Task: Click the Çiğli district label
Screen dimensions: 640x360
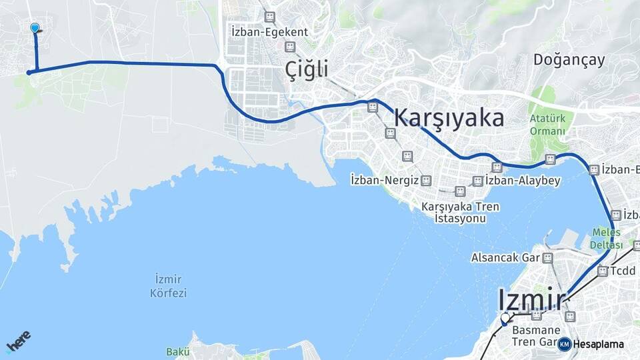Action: coord(307,68)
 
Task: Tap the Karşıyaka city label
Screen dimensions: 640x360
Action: coord(449,117)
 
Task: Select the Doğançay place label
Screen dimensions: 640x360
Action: coord(569,60)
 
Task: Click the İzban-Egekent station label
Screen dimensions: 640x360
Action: coord(269,31)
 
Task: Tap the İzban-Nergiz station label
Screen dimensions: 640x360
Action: coord(383,180)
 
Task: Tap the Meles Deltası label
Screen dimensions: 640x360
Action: coord(606,239)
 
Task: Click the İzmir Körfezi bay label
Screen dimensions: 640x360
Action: coord(168,285)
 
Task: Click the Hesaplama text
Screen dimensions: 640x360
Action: coord(598,345)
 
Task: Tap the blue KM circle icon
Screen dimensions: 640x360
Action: coord(565,344)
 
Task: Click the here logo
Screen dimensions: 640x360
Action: coord(18,341)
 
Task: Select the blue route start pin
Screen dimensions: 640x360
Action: coord(35,28)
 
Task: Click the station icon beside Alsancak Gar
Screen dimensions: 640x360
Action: coord(547,257)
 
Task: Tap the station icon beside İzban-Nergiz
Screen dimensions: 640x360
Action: coord(426,180)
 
